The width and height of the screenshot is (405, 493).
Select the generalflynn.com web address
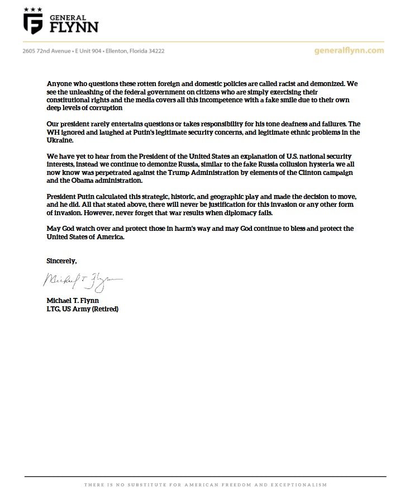coord(350,50)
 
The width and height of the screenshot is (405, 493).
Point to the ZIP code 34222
coord(155,51)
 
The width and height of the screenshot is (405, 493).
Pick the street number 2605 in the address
coord(30,51)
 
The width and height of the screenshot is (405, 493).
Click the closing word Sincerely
coord(61,261)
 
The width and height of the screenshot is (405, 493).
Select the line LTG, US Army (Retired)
coord(82,309)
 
